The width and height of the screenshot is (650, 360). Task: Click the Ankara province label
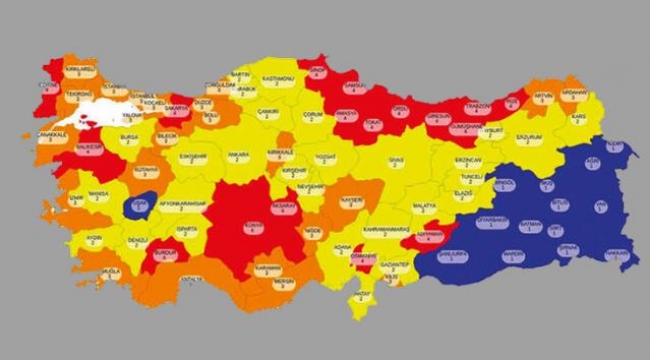[x=238, y=157]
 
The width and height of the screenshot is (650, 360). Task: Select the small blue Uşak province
[x=139, y=206]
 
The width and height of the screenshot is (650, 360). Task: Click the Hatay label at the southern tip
[x=358, y=297]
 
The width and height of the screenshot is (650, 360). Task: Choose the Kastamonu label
[x=277, y=77]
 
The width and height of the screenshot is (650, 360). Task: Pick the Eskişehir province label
[x=192, y=158]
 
